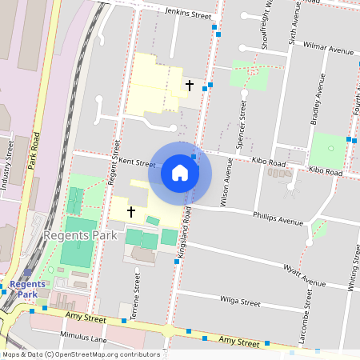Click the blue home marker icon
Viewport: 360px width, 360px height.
(x=180, y=173)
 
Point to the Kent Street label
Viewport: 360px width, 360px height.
(x=137, y=162)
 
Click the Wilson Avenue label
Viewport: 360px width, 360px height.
(x=228, y=181)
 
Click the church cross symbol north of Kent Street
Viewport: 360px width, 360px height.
(x=190, y=84)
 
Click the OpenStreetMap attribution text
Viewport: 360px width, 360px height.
(x=80, y=354)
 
